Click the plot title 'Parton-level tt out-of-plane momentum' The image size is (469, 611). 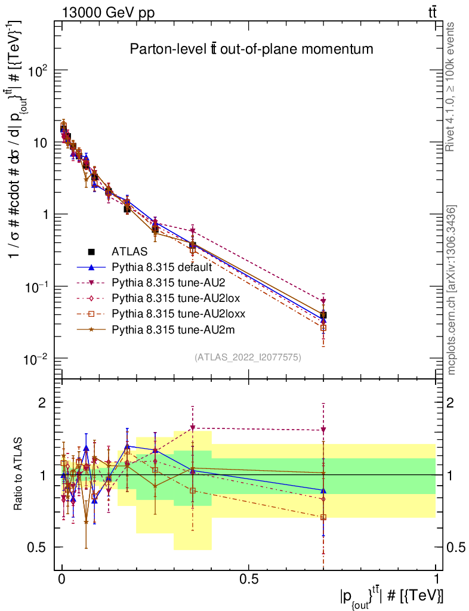pyautogui.click(x=251, y=50)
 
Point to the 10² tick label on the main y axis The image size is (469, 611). pyautogui.click(x=37, y=70)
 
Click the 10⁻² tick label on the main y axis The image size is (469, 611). pyautogui.click(x=37, y=359)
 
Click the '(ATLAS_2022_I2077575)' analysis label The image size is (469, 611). pyautogui.click(x=248, y=357)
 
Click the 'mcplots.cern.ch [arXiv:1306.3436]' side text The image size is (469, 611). pyautogui.click(x=452, y=290)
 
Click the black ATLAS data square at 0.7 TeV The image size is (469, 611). pyautogui.click(x=323, y=315)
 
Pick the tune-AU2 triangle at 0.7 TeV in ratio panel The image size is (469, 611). pyautogui.click(x=323, y=430)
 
